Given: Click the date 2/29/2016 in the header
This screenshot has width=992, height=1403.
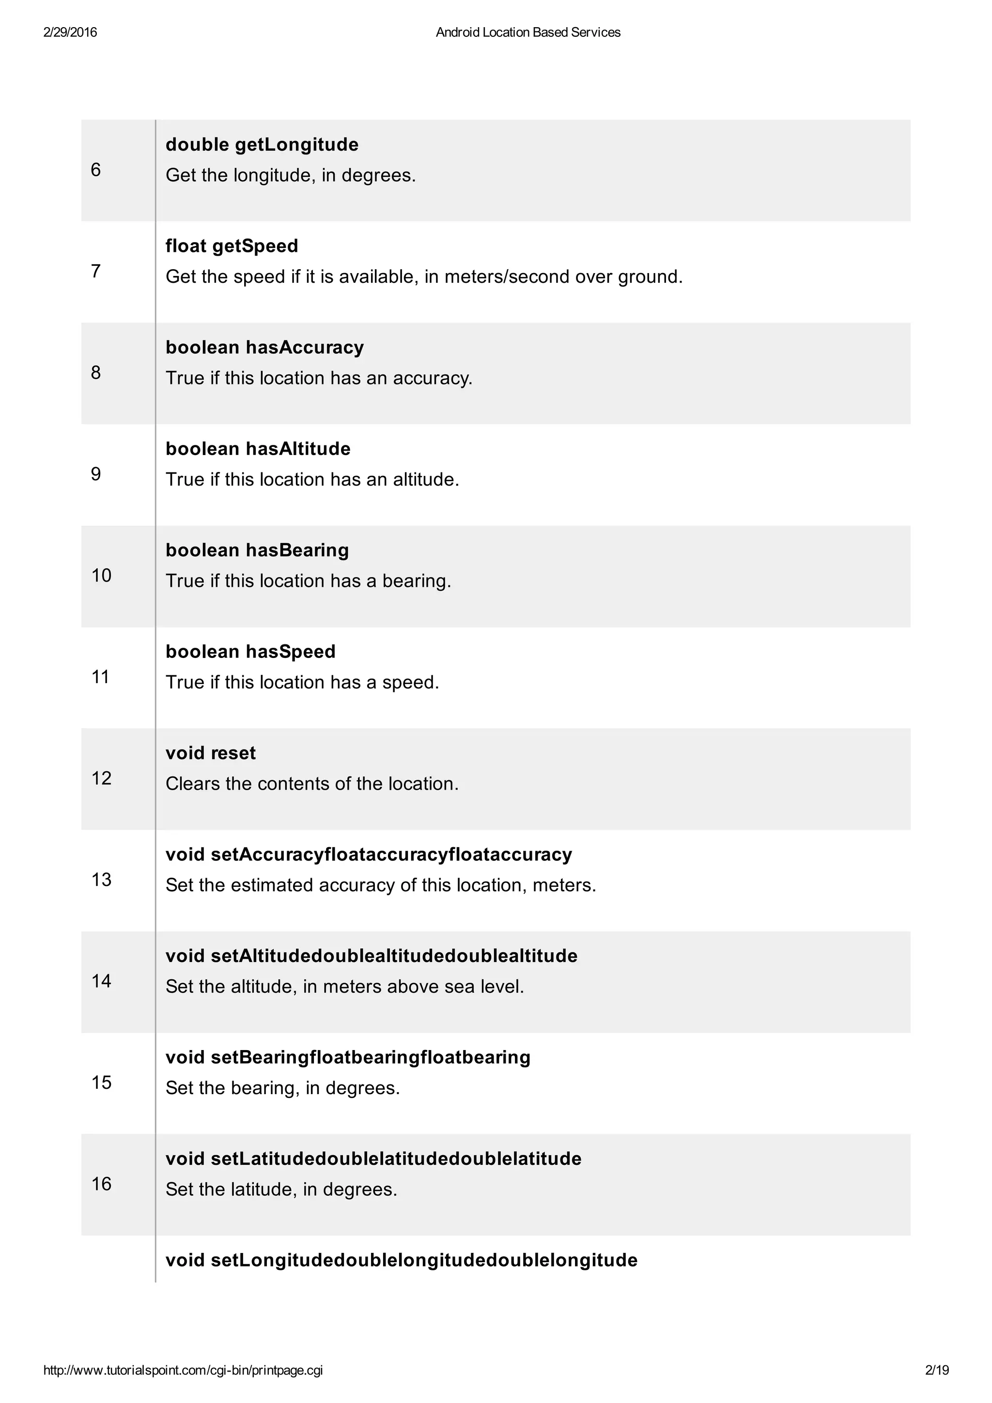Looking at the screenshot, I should [70, 32].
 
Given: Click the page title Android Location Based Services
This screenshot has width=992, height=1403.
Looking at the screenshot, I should [527, 32].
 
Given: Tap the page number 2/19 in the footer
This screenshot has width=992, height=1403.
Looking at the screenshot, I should [937, 1370].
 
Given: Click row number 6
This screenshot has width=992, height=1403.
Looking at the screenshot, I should [96, 170].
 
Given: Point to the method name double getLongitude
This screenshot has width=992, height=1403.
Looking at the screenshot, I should [262, 145].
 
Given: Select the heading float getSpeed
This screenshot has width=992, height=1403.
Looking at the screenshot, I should [232, 246].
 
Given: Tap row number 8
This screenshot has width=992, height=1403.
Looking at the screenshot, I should [96, 373].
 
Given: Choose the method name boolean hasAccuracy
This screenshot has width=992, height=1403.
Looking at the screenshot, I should [264, 348].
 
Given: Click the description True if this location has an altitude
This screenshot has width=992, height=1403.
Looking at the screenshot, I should [312, 480].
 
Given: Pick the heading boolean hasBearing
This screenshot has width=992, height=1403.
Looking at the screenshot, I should [257, 550].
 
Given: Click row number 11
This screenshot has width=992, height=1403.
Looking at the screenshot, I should [100, 677].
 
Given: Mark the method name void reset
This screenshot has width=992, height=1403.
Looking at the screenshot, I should [210, 753].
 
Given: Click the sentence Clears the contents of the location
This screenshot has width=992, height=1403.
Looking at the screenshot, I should [312, 784].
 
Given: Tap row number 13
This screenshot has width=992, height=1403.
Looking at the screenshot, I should [101, 880].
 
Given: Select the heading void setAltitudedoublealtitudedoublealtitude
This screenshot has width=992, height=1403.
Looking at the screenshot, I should [371, 956].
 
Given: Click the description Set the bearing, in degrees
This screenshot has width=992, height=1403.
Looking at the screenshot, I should [282, 1088].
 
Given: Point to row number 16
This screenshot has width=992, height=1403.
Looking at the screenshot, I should [101, 1184].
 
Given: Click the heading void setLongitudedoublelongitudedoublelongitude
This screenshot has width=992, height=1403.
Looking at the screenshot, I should [401, 1261].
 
